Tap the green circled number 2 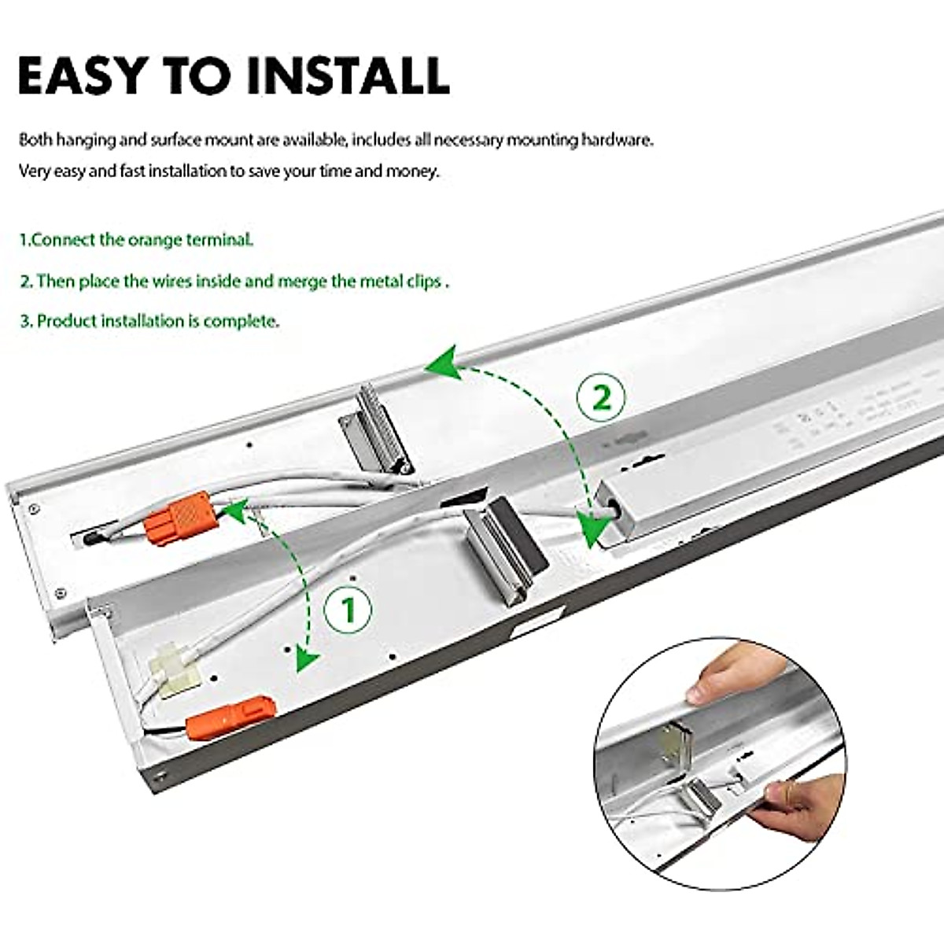click(x=601, y=398)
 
